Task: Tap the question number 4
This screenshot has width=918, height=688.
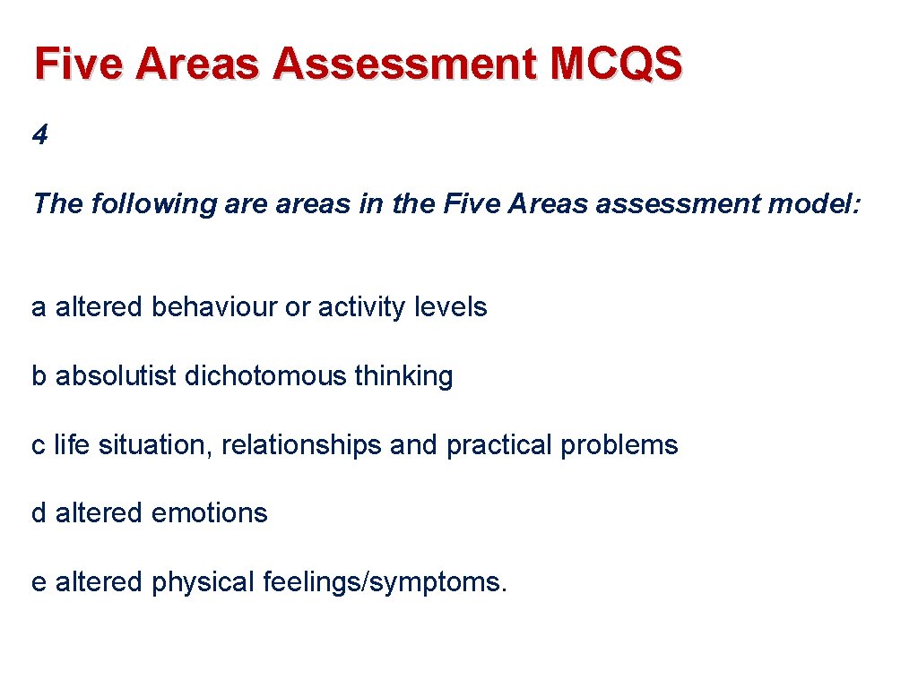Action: pyautogui.click(x=39, y=135)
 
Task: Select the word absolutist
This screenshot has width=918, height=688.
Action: pyautogui.click(x=117, y=376)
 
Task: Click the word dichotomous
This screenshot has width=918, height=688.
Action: pyautogui.click(x=265, y=376)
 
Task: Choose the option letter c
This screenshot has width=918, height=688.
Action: pyautogui.click(x=39, y=445)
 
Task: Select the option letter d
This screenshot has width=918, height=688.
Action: pyautogui.click(x=39, y=513)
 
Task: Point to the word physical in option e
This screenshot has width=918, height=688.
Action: pyautogui.click(x=204, y=582)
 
